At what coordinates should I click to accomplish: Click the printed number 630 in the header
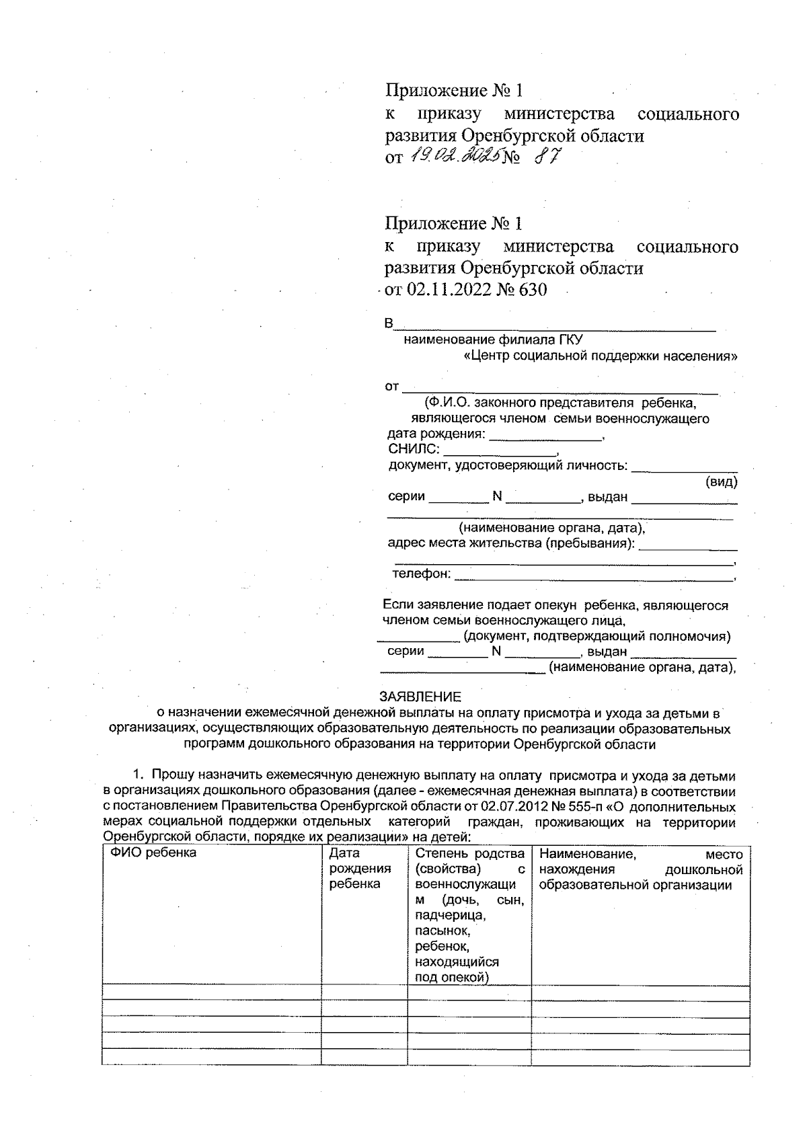[x=532, y=290]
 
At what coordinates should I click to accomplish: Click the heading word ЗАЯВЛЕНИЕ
[x=420, y=697]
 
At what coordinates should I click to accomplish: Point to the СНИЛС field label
[x=414, y=449]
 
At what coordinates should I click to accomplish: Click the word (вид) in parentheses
[x=721, y=482]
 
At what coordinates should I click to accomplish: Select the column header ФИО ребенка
[x=154, y=853]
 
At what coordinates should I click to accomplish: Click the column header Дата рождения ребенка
[x=360, y=869]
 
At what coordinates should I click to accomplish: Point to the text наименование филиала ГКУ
[x=493, y=340]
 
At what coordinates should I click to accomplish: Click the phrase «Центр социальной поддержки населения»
[x=601, y=356]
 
